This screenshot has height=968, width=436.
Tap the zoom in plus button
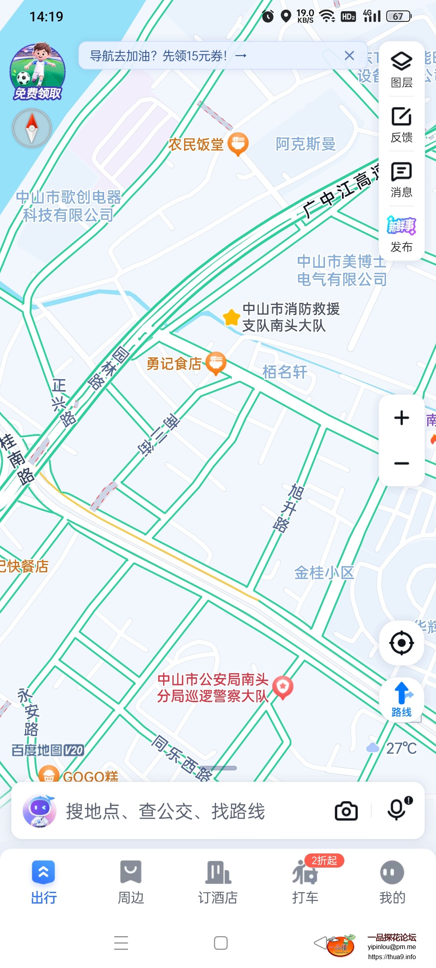click(x=401, y=418)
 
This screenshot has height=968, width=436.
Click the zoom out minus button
click(x=401, y=463)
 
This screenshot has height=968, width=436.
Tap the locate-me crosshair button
click(x=401, y=643)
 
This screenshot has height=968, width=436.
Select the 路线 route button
click(x=401, y=699)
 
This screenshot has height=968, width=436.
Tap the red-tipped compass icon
click(x=32, y=128)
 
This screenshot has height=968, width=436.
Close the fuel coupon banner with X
click(x=349, y=56)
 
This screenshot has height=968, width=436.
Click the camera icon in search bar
click(x=346, y=811)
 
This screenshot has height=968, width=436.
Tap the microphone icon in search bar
click(x=397, y=809)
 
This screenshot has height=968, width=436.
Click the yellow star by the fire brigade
click(x=232, y=317)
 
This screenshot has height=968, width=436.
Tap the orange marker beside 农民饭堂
click(x=238, y=144)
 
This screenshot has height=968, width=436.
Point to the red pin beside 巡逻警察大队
click(x=283, y=687)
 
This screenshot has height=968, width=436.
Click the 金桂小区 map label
click(x=324, y=572)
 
